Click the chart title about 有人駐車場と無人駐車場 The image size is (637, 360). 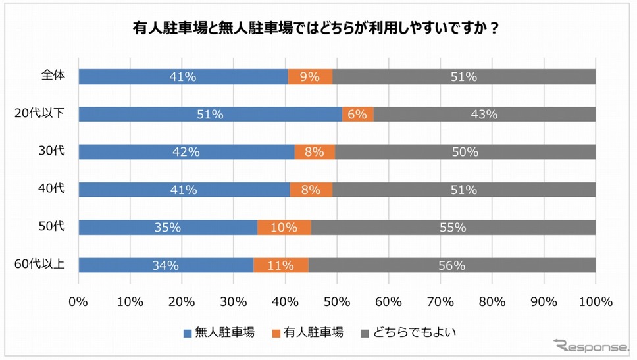coord(319,30)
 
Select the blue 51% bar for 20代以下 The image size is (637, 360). coord(210,114)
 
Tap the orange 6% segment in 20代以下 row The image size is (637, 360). coord(358,114)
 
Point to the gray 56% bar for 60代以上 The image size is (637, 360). coord(452,265)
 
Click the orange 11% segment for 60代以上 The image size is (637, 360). coord(281,265)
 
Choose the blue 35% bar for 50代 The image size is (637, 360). coord(168,228)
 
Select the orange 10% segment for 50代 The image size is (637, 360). coord(284,228)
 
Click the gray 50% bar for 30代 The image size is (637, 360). coord(465,152)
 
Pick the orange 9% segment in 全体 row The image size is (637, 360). coord(311,76)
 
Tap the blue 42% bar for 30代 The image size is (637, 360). coord(186,152)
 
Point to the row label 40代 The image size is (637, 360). coord(52,190)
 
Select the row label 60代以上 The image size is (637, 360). coord(40,265)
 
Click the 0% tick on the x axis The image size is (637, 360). coord(78,301)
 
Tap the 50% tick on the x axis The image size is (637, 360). coord(337,301)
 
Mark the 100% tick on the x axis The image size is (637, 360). coord(595,301)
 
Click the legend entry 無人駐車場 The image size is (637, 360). coord(219,332)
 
